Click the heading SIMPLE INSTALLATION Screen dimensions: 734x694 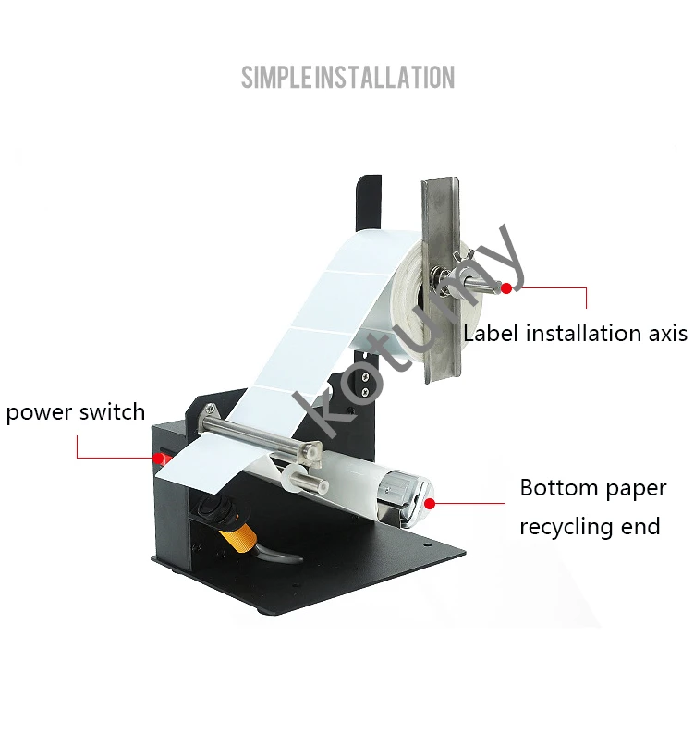point(347,77)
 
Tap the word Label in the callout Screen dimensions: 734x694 point(492,333)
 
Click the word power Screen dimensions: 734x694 point(39,412)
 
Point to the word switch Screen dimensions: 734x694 point(113,412)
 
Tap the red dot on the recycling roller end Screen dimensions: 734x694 point(429,503)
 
